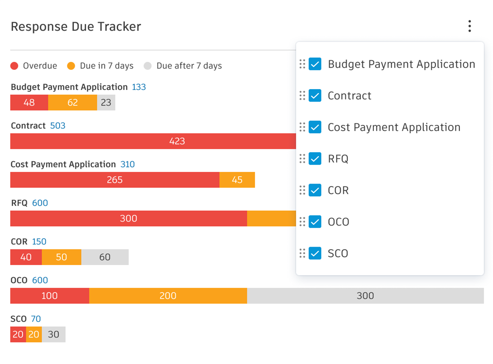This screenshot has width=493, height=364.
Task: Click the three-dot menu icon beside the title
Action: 469,26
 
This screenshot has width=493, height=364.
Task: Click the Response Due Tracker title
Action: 76,27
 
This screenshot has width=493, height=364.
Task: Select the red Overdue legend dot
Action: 14,66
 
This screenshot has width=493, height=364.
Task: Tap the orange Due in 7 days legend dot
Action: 71,66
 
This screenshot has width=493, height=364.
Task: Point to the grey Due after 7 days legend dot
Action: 147,66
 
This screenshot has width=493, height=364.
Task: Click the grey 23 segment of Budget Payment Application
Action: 106,103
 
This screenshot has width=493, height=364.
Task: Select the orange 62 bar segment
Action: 73,103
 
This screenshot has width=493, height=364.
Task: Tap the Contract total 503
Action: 58,126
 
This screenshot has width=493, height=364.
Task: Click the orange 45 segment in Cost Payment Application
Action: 237,180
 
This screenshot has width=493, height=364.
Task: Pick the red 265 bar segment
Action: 115,180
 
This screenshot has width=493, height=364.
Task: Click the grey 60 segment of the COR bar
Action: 105,257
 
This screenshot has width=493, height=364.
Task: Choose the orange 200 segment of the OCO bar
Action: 168,296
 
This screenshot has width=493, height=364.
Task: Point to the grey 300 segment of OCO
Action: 365,296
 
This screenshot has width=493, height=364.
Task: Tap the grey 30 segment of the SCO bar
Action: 54,334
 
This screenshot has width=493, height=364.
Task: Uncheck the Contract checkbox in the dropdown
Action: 315,96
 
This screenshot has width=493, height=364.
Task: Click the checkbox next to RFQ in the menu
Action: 315,158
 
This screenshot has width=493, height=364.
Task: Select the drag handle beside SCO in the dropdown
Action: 302,253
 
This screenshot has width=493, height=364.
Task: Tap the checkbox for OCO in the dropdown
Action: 315,222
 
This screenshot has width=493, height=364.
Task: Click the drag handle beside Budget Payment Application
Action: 302,64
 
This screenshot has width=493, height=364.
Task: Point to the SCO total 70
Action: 36,319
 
